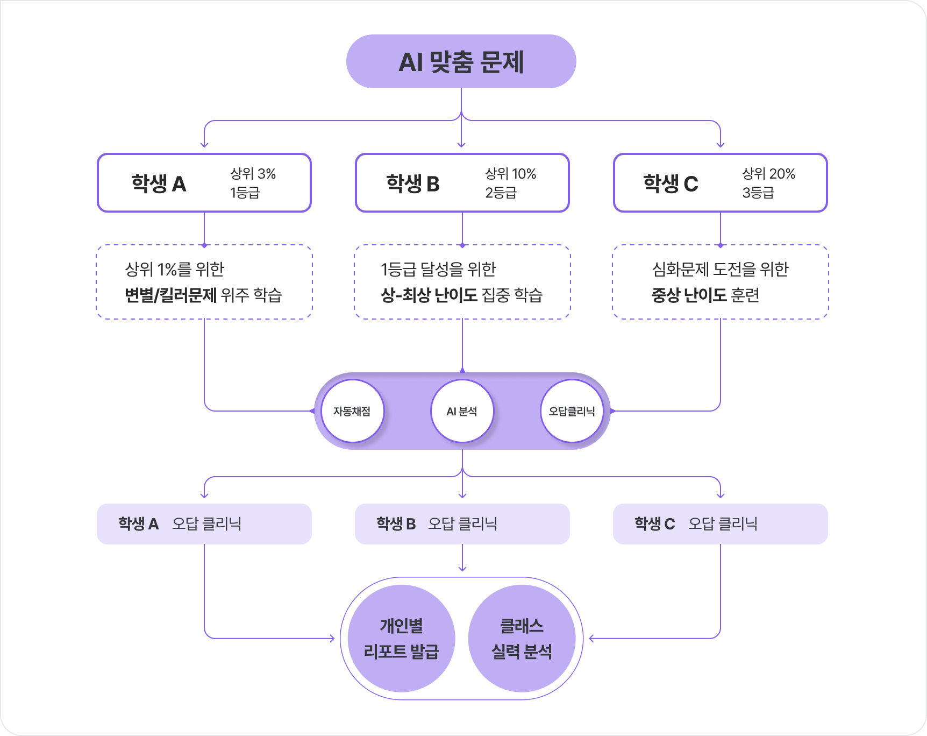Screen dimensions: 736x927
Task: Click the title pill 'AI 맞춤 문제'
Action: tap(461, 61)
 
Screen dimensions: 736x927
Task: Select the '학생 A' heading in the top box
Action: tap(159, 184)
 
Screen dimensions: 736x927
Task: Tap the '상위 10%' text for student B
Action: tap(510, 174)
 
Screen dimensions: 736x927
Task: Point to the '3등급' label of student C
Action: tap(758, 193)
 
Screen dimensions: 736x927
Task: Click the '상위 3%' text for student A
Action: tap(253, 174)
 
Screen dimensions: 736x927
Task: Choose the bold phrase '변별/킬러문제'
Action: tap(170, 295)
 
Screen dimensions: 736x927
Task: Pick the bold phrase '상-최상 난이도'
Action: tap(429, 295)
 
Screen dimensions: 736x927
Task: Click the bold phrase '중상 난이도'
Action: tap(689, 295)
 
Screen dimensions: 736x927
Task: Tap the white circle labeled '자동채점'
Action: tap(352, 412)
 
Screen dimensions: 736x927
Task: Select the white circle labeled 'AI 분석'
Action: tap(462, 412)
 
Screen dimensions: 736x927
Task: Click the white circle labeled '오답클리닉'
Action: tap(572, 412)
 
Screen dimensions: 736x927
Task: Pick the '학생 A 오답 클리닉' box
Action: tap(204, 524)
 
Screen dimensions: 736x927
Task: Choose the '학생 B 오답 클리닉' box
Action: tap(462, 524)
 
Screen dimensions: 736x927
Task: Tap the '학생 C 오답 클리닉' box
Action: tap(721, 524)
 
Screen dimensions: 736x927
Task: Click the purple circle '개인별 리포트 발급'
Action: tap(402, 639)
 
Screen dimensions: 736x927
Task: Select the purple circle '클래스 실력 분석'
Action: tap(522, 639)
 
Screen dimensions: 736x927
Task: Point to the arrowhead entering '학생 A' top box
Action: tap(204, 144)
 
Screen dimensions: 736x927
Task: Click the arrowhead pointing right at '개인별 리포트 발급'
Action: tap(332, 639)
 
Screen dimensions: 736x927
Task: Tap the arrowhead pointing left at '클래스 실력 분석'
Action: tap(592, 639)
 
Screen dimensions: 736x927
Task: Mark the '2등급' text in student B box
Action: tap(501, 193)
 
